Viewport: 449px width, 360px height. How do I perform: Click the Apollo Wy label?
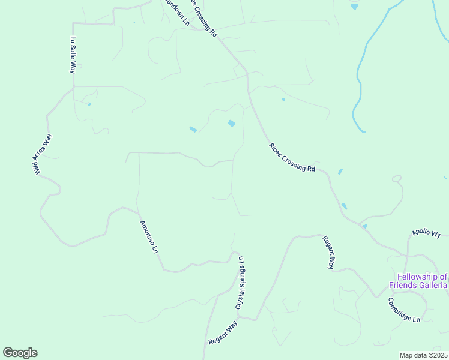pos(426,232)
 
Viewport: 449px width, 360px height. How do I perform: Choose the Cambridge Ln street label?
pos(403,310)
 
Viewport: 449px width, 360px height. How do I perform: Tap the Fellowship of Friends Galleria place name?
pos(418,281)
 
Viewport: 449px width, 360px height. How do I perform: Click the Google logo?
pos(20,353)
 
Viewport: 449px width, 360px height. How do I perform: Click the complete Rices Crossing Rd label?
pos(292,158)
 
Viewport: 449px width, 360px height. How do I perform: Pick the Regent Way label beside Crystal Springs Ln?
pos(223,334)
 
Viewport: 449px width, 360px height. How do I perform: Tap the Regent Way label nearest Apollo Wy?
pos(328,253)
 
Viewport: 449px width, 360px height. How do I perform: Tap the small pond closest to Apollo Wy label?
pos(364,227)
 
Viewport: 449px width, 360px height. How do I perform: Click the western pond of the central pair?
pos(193,129)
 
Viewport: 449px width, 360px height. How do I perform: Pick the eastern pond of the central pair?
pos(231,124)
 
